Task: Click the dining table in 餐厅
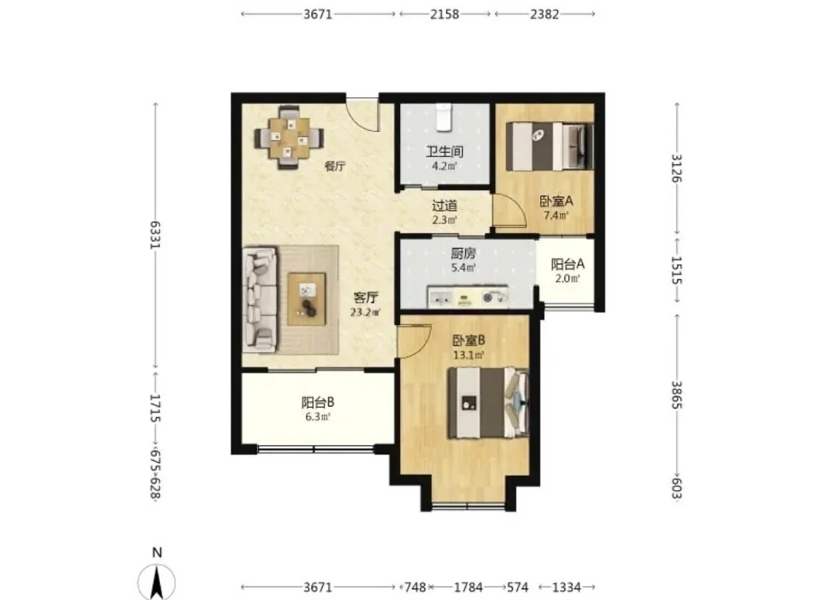click(289, 137)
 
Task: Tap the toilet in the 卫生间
click(444, 117)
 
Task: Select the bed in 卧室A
click(549, 146)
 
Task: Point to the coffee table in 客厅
click(307, 299)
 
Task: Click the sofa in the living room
click(260, 299)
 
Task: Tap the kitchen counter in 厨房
click(467, 297)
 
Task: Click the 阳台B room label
click(318, 402)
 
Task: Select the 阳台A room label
click(567, 264)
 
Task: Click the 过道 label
click(444, 205)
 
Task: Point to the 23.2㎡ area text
click(366, 312)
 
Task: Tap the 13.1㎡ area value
click(469, 355)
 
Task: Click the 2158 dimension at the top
click(444, 14)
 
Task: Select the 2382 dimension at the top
click(544, 14)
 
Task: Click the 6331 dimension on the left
click(155, 234)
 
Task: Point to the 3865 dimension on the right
click(677, 395)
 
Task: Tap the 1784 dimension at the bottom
click(468, 587)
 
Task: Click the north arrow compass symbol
click(156, 581)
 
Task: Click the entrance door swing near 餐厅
click(362, 114)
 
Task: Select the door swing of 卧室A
click(509, 210)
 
